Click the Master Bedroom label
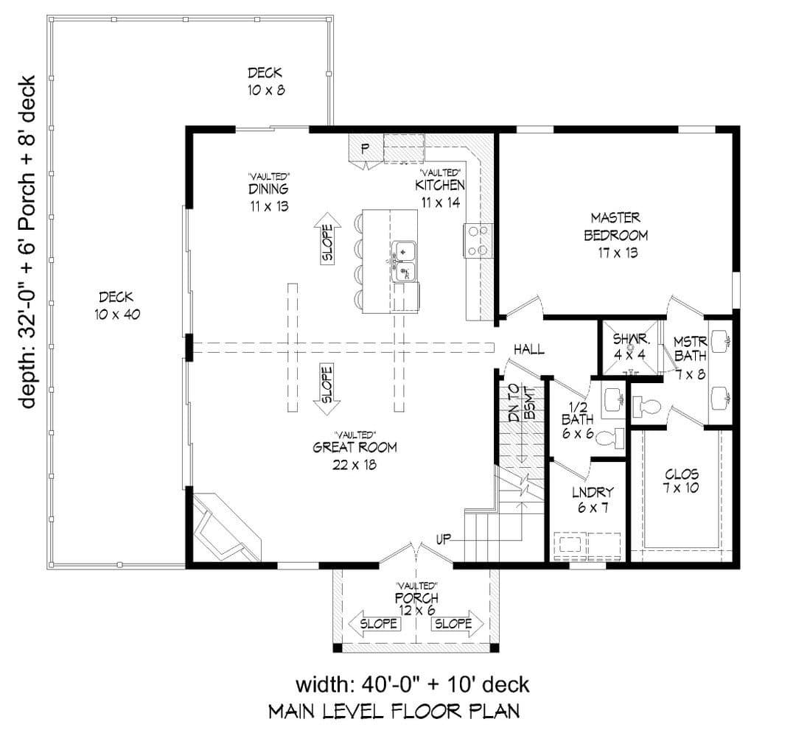615,236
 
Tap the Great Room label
355,450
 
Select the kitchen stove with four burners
478,241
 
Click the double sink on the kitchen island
405,262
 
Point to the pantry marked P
365,150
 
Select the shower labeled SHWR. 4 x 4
630,348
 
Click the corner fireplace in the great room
227,527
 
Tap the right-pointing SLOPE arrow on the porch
458,623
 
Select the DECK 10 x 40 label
116,306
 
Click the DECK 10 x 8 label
265,81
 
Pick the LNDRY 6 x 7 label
593,499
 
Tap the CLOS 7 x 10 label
681,481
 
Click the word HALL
529,349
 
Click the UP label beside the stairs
444,539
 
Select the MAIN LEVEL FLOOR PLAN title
394,711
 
